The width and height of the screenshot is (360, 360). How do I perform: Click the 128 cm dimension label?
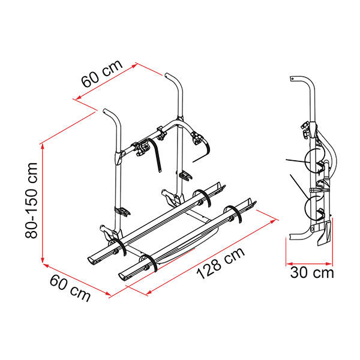221,263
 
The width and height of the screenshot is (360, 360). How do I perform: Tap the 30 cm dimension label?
312,273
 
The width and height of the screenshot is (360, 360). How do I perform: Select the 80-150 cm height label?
31,200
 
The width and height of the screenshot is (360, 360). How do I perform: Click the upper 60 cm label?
102,74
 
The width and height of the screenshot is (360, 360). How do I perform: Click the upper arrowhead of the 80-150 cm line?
43,147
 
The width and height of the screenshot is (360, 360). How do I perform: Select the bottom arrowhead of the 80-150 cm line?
43,260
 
